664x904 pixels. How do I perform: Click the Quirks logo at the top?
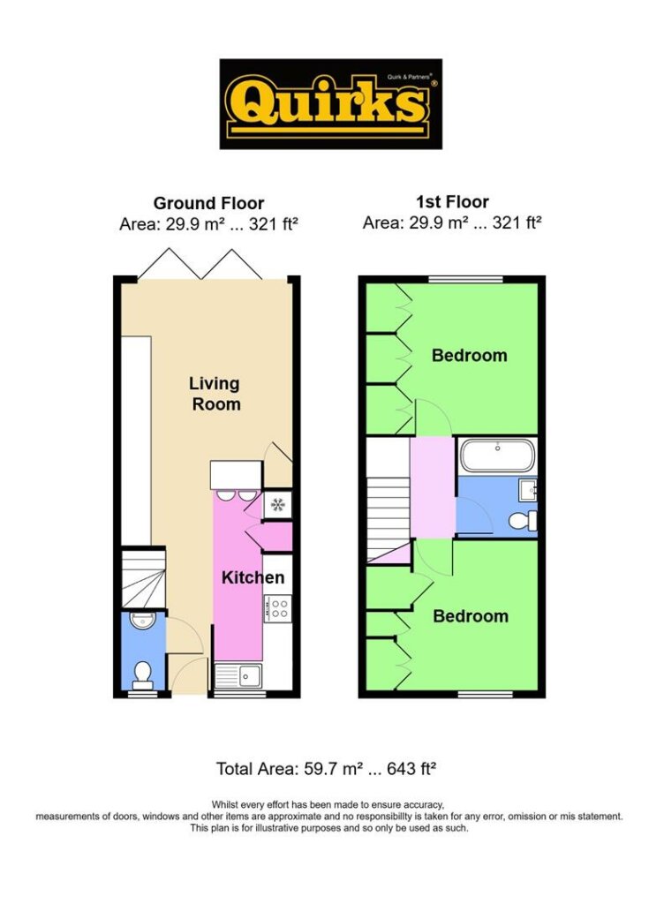pyautogui.click(x=331, y=104)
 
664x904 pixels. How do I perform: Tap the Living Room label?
pyautogui.click(x=215, y=394)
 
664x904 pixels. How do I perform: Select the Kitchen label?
pyautogui.click(x=253, y=577)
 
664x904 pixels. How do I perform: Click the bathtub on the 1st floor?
pyautogui.click(x=497, y=456)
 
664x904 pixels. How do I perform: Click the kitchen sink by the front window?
pyautogui.click(x=239, y=675)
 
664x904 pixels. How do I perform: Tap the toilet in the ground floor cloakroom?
pyautogui.click(x=142, y=675)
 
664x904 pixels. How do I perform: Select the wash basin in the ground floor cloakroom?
pyautogui.click(x=142, y=621)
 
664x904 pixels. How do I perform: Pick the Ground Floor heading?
pyautogui.click(x=208, y=203)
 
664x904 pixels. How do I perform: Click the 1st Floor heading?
pyautogui.click(x=452, y=202)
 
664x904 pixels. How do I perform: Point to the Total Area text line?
pyautogui.click(x=326, y=769)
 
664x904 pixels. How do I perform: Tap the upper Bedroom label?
pyautogui.click(x=470, y=355)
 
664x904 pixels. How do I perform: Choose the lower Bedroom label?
pyautogui.click(x=471, y=615)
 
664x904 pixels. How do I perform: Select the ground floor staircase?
pyautogui.click(x=144, y=578)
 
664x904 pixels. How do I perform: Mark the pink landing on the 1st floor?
pyautogui.click(x=433, y=487)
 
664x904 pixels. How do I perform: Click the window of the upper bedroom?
pyautogui.click(x=466, y=280)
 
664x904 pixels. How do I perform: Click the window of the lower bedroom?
pyautogui.click(x=486, y=694)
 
